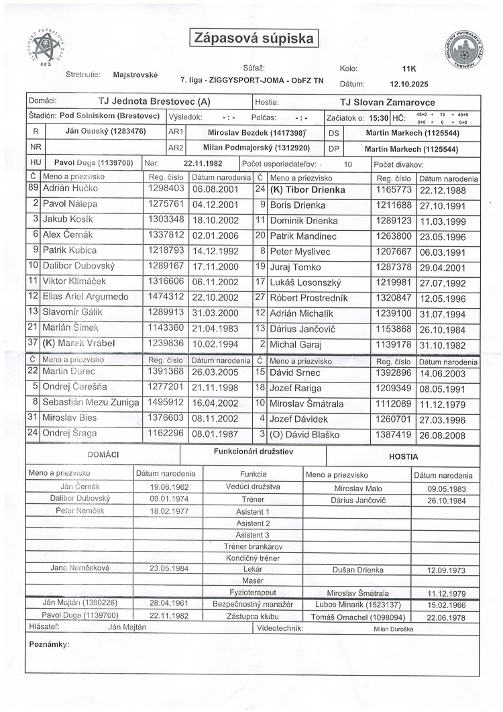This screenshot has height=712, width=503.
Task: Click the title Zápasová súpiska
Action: (x=254, y=38)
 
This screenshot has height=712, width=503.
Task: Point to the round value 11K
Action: (x=409, y=68)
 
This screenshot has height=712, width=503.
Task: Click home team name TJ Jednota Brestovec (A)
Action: (x=154, y=102)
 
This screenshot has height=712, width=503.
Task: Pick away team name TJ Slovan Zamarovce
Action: (x=388, y=103)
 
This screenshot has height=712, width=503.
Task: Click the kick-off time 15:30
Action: (x=378, y=117)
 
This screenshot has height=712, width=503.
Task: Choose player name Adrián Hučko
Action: (x=67, y=190)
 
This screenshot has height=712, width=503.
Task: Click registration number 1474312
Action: (x=164, y=296)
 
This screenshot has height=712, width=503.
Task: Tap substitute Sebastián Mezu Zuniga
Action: (x=91, y=403)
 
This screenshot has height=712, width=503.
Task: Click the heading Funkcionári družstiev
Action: (x=253, y=452)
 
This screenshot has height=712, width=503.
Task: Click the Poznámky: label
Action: (x=49, y=644)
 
